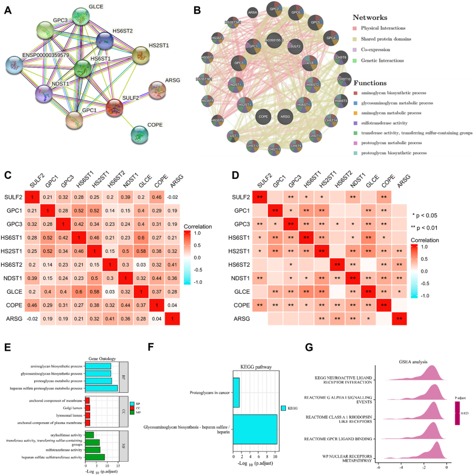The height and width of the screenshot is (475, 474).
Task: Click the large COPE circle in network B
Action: click(x=262, y=119)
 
